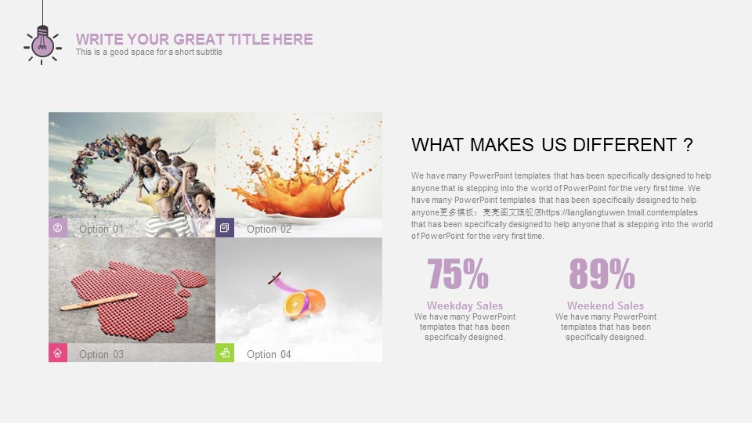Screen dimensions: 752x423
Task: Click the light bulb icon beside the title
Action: coord(42,45)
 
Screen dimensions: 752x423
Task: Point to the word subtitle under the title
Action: coord(208,52)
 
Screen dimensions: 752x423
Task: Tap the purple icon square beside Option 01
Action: coord(57,228)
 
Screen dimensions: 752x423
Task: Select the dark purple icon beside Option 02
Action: coord(225,228)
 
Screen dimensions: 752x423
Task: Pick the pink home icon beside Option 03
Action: coord(57,353)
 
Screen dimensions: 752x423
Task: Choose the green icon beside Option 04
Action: coord(225,353)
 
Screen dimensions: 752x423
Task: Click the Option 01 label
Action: coord(101,230)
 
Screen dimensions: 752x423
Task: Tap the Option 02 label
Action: coord(269,230)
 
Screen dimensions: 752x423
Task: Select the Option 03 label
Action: coord(101,354)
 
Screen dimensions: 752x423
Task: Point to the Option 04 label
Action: coord(269,354)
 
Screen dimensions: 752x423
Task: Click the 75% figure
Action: coord(457,274)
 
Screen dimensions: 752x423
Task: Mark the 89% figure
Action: coord(602,274)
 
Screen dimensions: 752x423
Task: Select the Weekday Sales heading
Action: coord(465,305)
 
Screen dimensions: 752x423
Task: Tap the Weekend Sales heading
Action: coord(606,305)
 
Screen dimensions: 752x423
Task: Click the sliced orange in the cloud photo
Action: coord(304,304)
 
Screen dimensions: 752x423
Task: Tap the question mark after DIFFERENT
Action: coord(689,145)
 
